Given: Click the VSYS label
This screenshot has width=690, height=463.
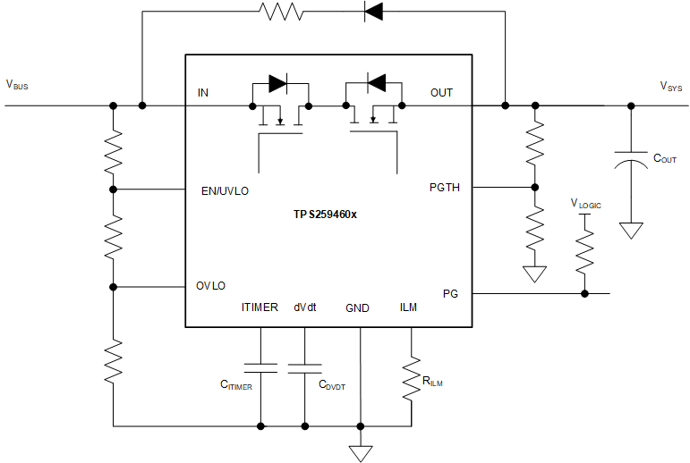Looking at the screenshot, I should pos(672,86).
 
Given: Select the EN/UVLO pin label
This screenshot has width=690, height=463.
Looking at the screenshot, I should pos(226,190).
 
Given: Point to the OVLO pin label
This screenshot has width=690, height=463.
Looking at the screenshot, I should pos(211,286).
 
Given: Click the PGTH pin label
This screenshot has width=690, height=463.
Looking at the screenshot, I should pos(445,188).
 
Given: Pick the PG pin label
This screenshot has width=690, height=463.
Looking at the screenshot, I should pos(450,293).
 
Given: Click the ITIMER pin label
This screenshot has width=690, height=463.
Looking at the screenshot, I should pos(260,308).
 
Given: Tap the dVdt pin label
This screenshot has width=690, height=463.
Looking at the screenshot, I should pos(305,308).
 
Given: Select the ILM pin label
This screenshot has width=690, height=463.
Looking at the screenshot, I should pos(408,308).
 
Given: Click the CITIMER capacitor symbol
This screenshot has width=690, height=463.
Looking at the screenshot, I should pos(260,367).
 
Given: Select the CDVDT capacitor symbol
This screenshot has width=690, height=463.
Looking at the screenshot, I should pos(305,367).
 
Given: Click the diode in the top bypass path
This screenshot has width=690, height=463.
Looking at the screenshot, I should pos(374,12).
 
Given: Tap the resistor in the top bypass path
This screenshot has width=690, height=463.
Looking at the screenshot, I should pos(281,12).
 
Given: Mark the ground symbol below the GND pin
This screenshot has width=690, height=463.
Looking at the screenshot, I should pos(361,453).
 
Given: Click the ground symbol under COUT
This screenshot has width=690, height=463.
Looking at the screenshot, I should pos(632,231).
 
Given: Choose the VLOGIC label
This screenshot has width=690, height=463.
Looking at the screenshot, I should pos(586,204).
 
